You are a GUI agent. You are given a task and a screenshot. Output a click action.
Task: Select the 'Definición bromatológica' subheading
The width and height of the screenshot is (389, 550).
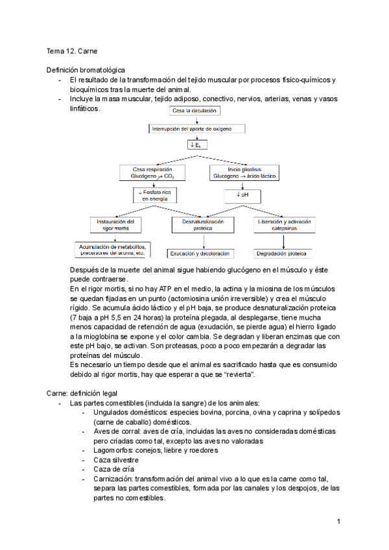pyautogui.click(x=86, y=70)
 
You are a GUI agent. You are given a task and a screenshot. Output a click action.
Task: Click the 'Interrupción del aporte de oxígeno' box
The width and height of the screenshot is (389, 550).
pyautogui.click(x=198, y=129)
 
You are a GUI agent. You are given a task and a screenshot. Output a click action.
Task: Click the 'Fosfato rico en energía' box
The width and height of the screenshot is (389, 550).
pyautogui.click(x=154, y=196)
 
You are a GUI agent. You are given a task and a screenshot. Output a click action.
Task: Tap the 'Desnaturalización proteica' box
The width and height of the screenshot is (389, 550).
pyautogui.click(x=203, y=224)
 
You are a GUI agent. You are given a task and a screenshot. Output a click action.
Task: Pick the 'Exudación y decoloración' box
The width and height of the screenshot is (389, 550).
pyautogui.click(x=202, y=254)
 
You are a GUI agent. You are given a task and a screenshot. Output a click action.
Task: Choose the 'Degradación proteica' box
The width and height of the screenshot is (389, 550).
pyautogui.click(x=281, y=254)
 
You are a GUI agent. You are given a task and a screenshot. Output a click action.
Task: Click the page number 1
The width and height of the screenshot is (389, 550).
pyautogui.click(x=338, y=521)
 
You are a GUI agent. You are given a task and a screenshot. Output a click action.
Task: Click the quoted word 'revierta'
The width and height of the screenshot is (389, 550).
pyautogui.click(x=239, y=374)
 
